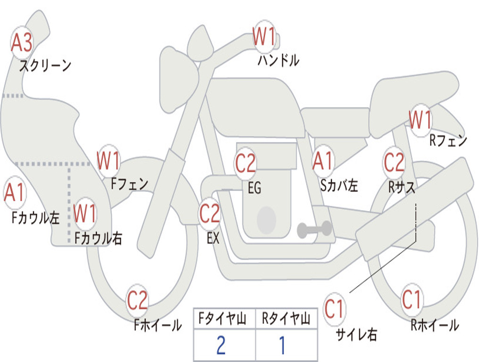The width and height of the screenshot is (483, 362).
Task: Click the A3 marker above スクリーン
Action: pyautogui.click(x=22, y=42)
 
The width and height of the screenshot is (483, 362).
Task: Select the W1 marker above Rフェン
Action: pyautogui.click(x=420, y=119)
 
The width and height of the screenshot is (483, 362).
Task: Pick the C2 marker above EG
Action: pyautogui.click(x=245, y=163)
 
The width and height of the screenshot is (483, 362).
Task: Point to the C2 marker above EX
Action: pyautogui.click(x=210, y=214)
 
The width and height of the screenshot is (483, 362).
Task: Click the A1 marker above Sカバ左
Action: pyautogui.click(x=323, y=161)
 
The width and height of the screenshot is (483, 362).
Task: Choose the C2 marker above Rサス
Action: pyautogui.click(x=394, y=162)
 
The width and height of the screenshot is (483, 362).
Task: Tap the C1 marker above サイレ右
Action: pyautogui.click(x=334, y=309)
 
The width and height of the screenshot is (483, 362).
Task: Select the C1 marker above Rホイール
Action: pyautogui.click(x=411, y=299)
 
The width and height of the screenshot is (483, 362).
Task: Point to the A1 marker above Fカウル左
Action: pyautogui.click(x=14, y=192)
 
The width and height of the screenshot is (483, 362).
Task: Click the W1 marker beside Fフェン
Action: pyautogui.click(x=108, y=161)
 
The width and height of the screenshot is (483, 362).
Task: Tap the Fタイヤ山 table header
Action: pyautogui.click(x=222, y=319)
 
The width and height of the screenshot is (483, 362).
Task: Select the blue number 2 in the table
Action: pyautogui.click(x=221, y=345)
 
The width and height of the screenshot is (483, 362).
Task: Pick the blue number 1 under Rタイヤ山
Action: pyautogui.click(x=282, y=345)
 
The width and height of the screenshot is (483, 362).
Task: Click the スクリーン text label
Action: pyautogui.click(x=45, y=66)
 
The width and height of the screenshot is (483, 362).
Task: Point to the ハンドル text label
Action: pyautogui.click(x=278, y=60)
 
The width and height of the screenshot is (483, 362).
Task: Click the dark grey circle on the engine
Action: pyautogui.click(x=266, y=220)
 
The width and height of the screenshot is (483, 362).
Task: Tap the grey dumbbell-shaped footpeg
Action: pyautogui.click(x=315, y=229)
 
